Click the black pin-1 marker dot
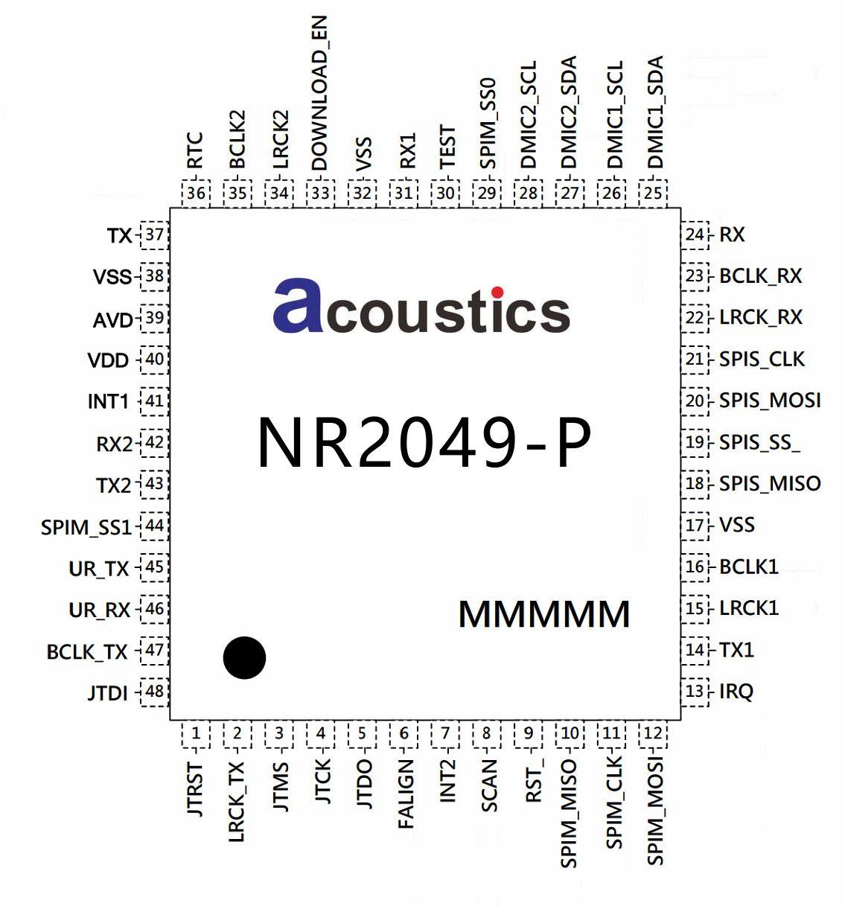click(x=244, y=658)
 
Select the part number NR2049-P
click(x=424, y=443)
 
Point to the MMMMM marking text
click(x=544, y=614)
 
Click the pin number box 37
click(x=154, y=235)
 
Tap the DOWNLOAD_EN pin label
click(x=319, y=95)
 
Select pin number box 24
click(x=695, y=235)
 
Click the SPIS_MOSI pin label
click(x=770, y=401)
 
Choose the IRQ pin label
click(x=736, y=692)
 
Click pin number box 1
click(x=196, y=734)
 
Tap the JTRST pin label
click(x=196, y=789)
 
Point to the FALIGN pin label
click(x=404, y=794)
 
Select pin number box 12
click(x=653, y=734)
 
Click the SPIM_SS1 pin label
click(x=86, y=528)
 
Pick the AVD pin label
click(x=112, y=320)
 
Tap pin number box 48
click(x=154, y=692)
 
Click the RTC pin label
click(x=195, y=150)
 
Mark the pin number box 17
click(x=695, y=526)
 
